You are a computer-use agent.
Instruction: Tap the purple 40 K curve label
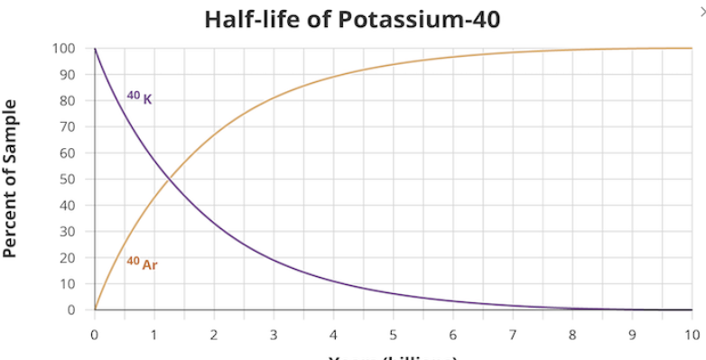pos(139,97)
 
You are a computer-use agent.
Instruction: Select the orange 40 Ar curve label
pos(142,263)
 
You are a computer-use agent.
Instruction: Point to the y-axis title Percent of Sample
pos(12,181)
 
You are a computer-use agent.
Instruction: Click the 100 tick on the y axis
pos(70,48)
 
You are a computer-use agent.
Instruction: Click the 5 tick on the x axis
pos(393,335)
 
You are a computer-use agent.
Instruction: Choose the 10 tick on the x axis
pos(691,335)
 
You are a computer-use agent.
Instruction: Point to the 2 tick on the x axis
pos(214,335)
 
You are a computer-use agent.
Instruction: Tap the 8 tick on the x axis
pos(571,335)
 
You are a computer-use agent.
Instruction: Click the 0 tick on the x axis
pos(95,335)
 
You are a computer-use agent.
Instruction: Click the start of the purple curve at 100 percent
pos(95,48)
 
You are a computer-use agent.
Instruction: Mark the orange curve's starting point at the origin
pos(95,309)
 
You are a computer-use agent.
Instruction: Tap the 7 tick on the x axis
pos(512,335)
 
